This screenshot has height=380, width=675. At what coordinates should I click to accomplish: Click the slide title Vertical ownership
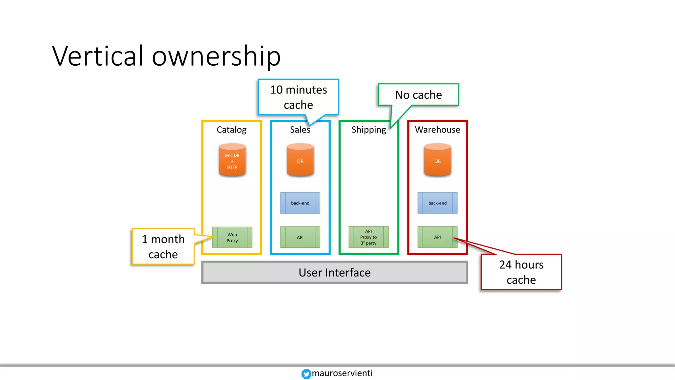tap(166, 56)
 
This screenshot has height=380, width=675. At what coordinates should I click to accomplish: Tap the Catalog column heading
tap(231, 130)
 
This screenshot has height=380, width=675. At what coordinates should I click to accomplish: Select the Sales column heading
tap(300, 130)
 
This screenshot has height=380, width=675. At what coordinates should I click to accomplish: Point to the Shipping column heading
tap(368, 130)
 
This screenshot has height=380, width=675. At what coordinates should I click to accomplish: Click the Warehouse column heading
tap(437, 130)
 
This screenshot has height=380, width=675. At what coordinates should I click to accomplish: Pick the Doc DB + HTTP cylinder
tap(232, 161)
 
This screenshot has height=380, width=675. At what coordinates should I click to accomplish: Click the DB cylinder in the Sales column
tap(300, 161)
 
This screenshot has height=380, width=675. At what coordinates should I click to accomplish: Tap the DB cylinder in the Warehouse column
tap(437, 161)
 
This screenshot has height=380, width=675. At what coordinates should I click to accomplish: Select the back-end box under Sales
tap(300, 203)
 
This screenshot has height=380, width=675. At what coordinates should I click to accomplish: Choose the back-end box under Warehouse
tap(437, 203)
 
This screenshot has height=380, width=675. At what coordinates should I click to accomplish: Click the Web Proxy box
tap(232, 237)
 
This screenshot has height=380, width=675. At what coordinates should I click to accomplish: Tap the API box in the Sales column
tap(300, 237)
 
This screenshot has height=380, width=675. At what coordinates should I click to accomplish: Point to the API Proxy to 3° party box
tap(368, 237)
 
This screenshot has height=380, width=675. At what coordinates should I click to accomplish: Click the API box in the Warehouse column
tap(437, 237)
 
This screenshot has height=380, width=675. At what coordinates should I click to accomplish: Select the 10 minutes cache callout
tap(298, 97)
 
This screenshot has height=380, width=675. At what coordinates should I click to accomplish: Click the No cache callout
tap(418, 95)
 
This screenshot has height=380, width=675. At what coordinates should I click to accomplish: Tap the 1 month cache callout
tap(163, 246)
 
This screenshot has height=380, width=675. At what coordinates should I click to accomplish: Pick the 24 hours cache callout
tap(521, 272)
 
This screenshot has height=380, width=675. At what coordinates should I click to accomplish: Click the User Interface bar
tap(335, 272)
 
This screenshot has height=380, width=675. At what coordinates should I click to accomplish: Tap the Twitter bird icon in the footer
tap(306, 373)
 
